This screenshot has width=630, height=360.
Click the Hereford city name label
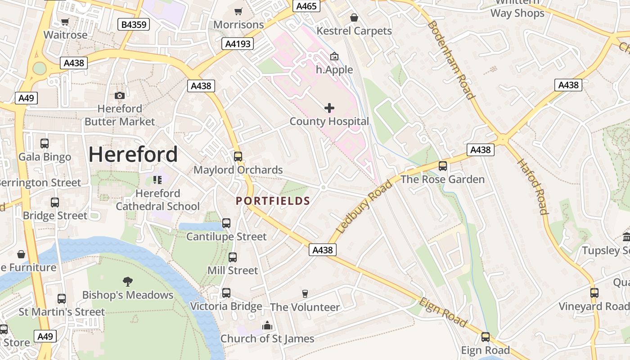coord(133,154)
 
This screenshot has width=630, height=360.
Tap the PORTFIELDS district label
coord(273,201)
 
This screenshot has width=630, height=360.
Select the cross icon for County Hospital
coord(329,108)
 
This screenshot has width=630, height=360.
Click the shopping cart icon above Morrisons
coord(238,11)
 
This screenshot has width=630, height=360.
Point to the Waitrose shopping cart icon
coord(65,22)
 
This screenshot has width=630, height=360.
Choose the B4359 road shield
coord(134,24)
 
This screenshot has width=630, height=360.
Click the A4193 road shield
coord(238,44)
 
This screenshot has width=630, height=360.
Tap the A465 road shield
coord(307,6)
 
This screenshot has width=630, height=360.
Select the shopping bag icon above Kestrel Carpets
coord(354,18)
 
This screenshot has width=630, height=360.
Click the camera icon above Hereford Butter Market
coord(119,95)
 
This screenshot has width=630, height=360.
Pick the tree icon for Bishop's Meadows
coord(128,282)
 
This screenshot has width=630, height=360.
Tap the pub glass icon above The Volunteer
coord(305,294)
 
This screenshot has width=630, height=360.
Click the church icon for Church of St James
coord(267,325)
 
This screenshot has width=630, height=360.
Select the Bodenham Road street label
coord(451,59)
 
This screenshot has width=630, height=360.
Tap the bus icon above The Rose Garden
coord(443,166)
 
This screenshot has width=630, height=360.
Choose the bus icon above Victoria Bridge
coord(226,293)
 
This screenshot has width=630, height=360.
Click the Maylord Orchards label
coord(238,170)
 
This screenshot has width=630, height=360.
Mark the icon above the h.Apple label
coord(334,57)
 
